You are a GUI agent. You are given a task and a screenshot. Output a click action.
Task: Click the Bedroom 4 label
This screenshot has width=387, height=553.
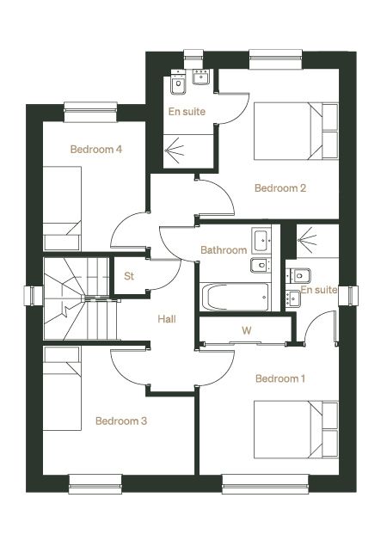(x=96, y=149)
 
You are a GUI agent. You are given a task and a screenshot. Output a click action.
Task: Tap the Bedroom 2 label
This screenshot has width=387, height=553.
(x=280, y=188)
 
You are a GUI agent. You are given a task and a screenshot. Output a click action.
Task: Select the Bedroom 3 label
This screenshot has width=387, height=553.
(x=121, y=421)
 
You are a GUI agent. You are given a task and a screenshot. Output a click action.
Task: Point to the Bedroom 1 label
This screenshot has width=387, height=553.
(x=280, y=378)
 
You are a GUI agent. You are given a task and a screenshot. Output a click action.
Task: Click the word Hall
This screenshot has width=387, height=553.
(x=167, y=319)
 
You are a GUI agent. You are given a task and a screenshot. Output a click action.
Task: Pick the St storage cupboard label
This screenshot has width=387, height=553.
(x=129, y=276)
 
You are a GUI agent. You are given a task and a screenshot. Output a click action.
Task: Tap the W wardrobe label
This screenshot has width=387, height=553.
(x=247, y=330)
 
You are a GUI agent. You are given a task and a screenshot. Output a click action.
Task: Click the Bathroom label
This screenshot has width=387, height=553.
(x=224, y=250)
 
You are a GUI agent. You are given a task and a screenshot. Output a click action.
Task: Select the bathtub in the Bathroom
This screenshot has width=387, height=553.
(x=236, y=297)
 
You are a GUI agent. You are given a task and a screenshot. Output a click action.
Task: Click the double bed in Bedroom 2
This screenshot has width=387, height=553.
(x=296, y=132)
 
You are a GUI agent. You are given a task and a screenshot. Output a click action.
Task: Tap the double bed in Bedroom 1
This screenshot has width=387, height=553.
(x=296, y=429)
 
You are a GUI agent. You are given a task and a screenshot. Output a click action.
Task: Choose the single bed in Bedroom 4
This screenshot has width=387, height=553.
(x=62, y=208)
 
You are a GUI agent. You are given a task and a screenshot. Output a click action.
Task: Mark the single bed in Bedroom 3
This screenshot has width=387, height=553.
(x=62, y=388)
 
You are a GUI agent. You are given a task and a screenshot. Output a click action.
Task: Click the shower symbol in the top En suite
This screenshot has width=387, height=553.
(x=175, y=149)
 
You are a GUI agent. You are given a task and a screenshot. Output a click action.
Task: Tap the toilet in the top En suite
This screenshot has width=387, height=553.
(x=179, y=83)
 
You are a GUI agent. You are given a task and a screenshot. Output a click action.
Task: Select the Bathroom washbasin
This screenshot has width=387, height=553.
(x=261, y=241)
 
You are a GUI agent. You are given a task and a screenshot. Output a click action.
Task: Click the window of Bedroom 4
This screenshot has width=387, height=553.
(x=90, y=112)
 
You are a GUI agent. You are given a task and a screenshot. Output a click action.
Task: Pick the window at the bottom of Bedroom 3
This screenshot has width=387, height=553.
(x=95, y=484)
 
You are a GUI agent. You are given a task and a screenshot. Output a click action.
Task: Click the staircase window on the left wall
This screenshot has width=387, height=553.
(x=34, y=296)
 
